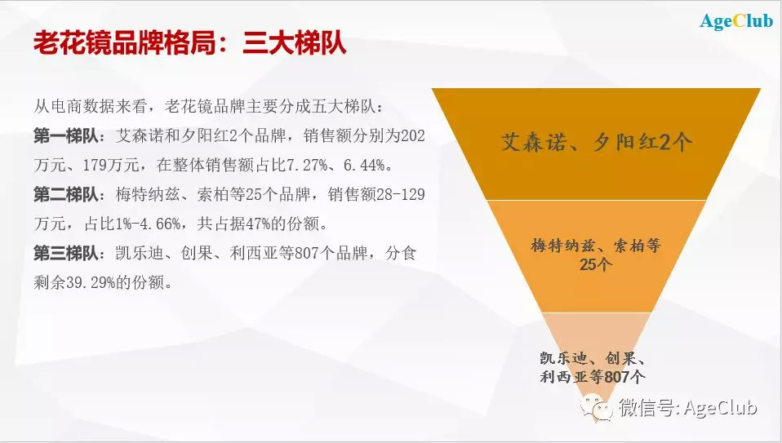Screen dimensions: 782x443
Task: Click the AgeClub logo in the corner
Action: coord(736,21)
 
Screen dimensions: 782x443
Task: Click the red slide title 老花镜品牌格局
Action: coord(124,43)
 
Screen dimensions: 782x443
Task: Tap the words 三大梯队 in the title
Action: coord(294,43)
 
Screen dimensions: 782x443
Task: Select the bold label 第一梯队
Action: coord(66,136)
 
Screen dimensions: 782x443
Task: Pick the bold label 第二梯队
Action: coord(66,194)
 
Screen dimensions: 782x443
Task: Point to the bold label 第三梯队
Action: coord(66,253)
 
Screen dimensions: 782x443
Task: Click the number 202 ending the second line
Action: coord(413,136)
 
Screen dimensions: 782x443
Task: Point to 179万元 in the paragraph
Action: coord(111,165)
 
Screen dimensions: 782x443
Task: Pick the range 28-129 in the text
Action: coord(401,194)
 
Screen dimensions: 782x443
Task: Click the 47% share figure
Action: coord(258,224)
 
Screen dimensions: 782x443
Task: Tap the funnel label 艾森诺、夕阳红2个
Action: coord(597,143)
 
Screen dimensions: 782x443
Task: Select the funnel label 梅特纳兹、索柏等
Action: coord(596,246)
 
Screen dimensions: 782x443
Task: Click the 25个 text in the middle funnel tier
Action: coord(596,264)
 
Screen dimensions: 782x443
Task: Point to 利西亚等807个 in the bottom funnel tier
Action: coord(593,377)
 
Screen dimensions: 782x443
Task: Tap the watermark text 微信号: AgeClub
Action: coord(688,408)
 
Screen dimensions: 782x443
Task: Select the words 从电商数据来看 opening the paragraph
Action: coord(91,107)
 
